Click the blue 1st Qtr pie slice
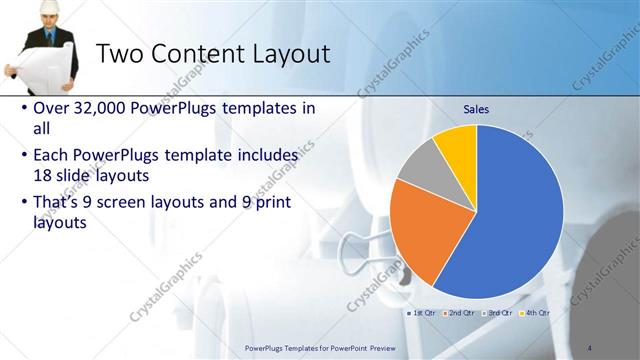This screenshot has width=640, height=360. (510, 220)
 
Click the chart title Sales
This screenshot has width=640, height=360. (476, 109)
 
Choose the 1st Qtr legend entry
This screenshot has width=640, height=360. (425, 313)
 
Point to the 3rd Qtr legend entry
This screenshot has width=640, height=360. (499, 313)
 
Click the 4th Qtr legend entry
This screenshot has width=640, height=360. (535, 313)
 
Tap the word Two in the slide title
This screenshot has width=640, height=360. (123, 54)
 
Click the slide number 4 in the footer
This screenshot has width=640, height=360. (591, 347)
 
